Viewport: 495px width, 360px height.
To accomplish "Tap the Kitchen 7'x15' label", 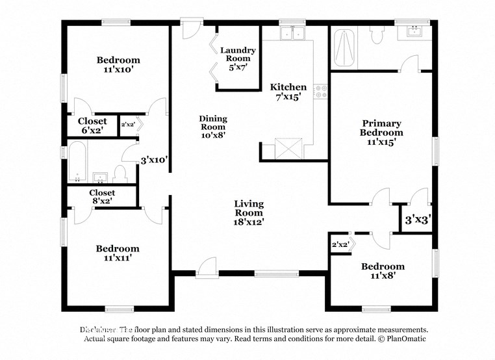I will coord(288,92).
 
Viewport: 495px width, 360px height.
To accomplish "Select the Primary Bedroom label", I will coord(381,131).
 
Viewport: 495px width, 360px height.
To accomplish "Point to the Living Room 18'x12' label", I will coord(249,212).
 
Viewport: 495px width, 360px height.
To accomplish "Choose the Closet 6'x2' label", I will coord(92,126).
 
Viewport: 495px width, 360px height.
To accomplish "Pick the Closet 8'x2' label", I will coord(102,197).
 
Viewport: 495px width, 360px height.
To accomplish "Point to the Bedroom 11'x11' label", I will coord(118,253).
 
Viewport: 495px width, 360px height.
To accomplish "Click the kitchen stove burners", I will coord(320,91).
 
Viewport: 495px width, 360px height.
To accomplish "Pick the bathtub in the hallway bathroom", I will coord(77,164).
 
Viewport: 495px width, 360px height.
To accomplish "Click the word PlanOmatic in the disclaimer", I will coord(404,339).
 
